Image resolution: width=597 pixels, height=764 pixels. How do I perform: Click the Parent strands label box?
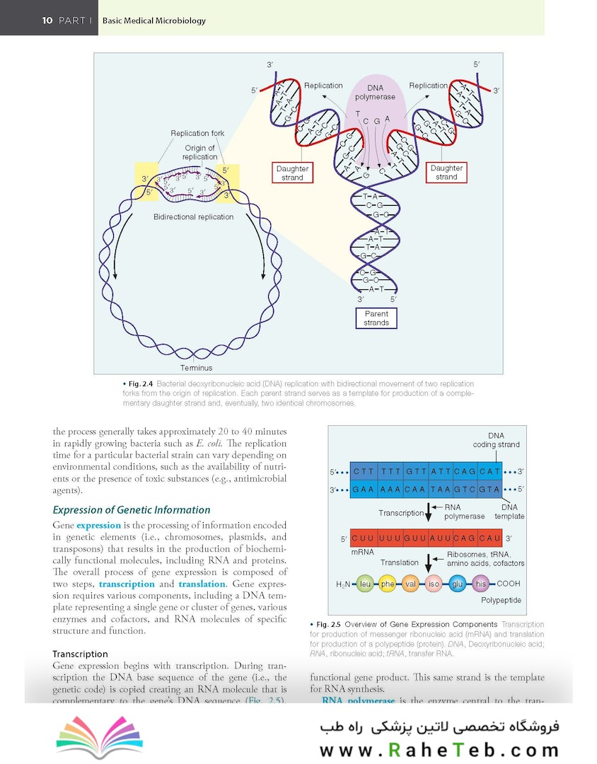(376, 318)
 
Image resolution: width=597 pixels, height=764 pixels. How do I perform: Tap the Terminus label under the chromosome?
(196, 368)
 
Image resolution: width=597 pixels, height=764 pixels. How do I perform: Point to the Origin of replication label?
(199, 152)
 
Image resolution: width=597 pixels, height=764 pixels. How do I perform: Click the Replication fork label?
(197, 133)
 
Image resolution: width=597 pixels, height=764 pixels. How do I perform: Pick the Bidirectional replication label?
(193, 216)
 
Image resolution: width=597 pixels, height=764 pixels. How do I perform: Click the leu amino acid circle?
(365, 584)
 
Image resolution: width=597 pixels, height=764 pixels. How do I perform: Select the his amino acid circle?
(481, 584)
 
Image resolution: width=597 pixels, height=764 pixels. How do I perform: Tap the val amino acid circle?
(411, 584)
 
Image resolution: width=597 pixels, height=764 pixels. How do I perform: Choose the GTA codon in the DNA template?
(489, 489)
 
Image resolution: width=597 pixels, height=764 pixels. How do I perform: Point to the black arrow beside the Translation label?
(428, 563)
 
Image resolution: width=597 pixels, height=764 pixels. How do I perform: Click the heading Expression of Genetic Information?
(132, 509)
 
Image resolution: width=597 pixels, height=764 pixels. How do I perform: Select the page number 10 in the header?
(47, 21)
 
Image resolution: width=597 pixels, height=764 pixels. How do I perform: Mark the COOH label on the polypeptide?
(509, 584)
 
